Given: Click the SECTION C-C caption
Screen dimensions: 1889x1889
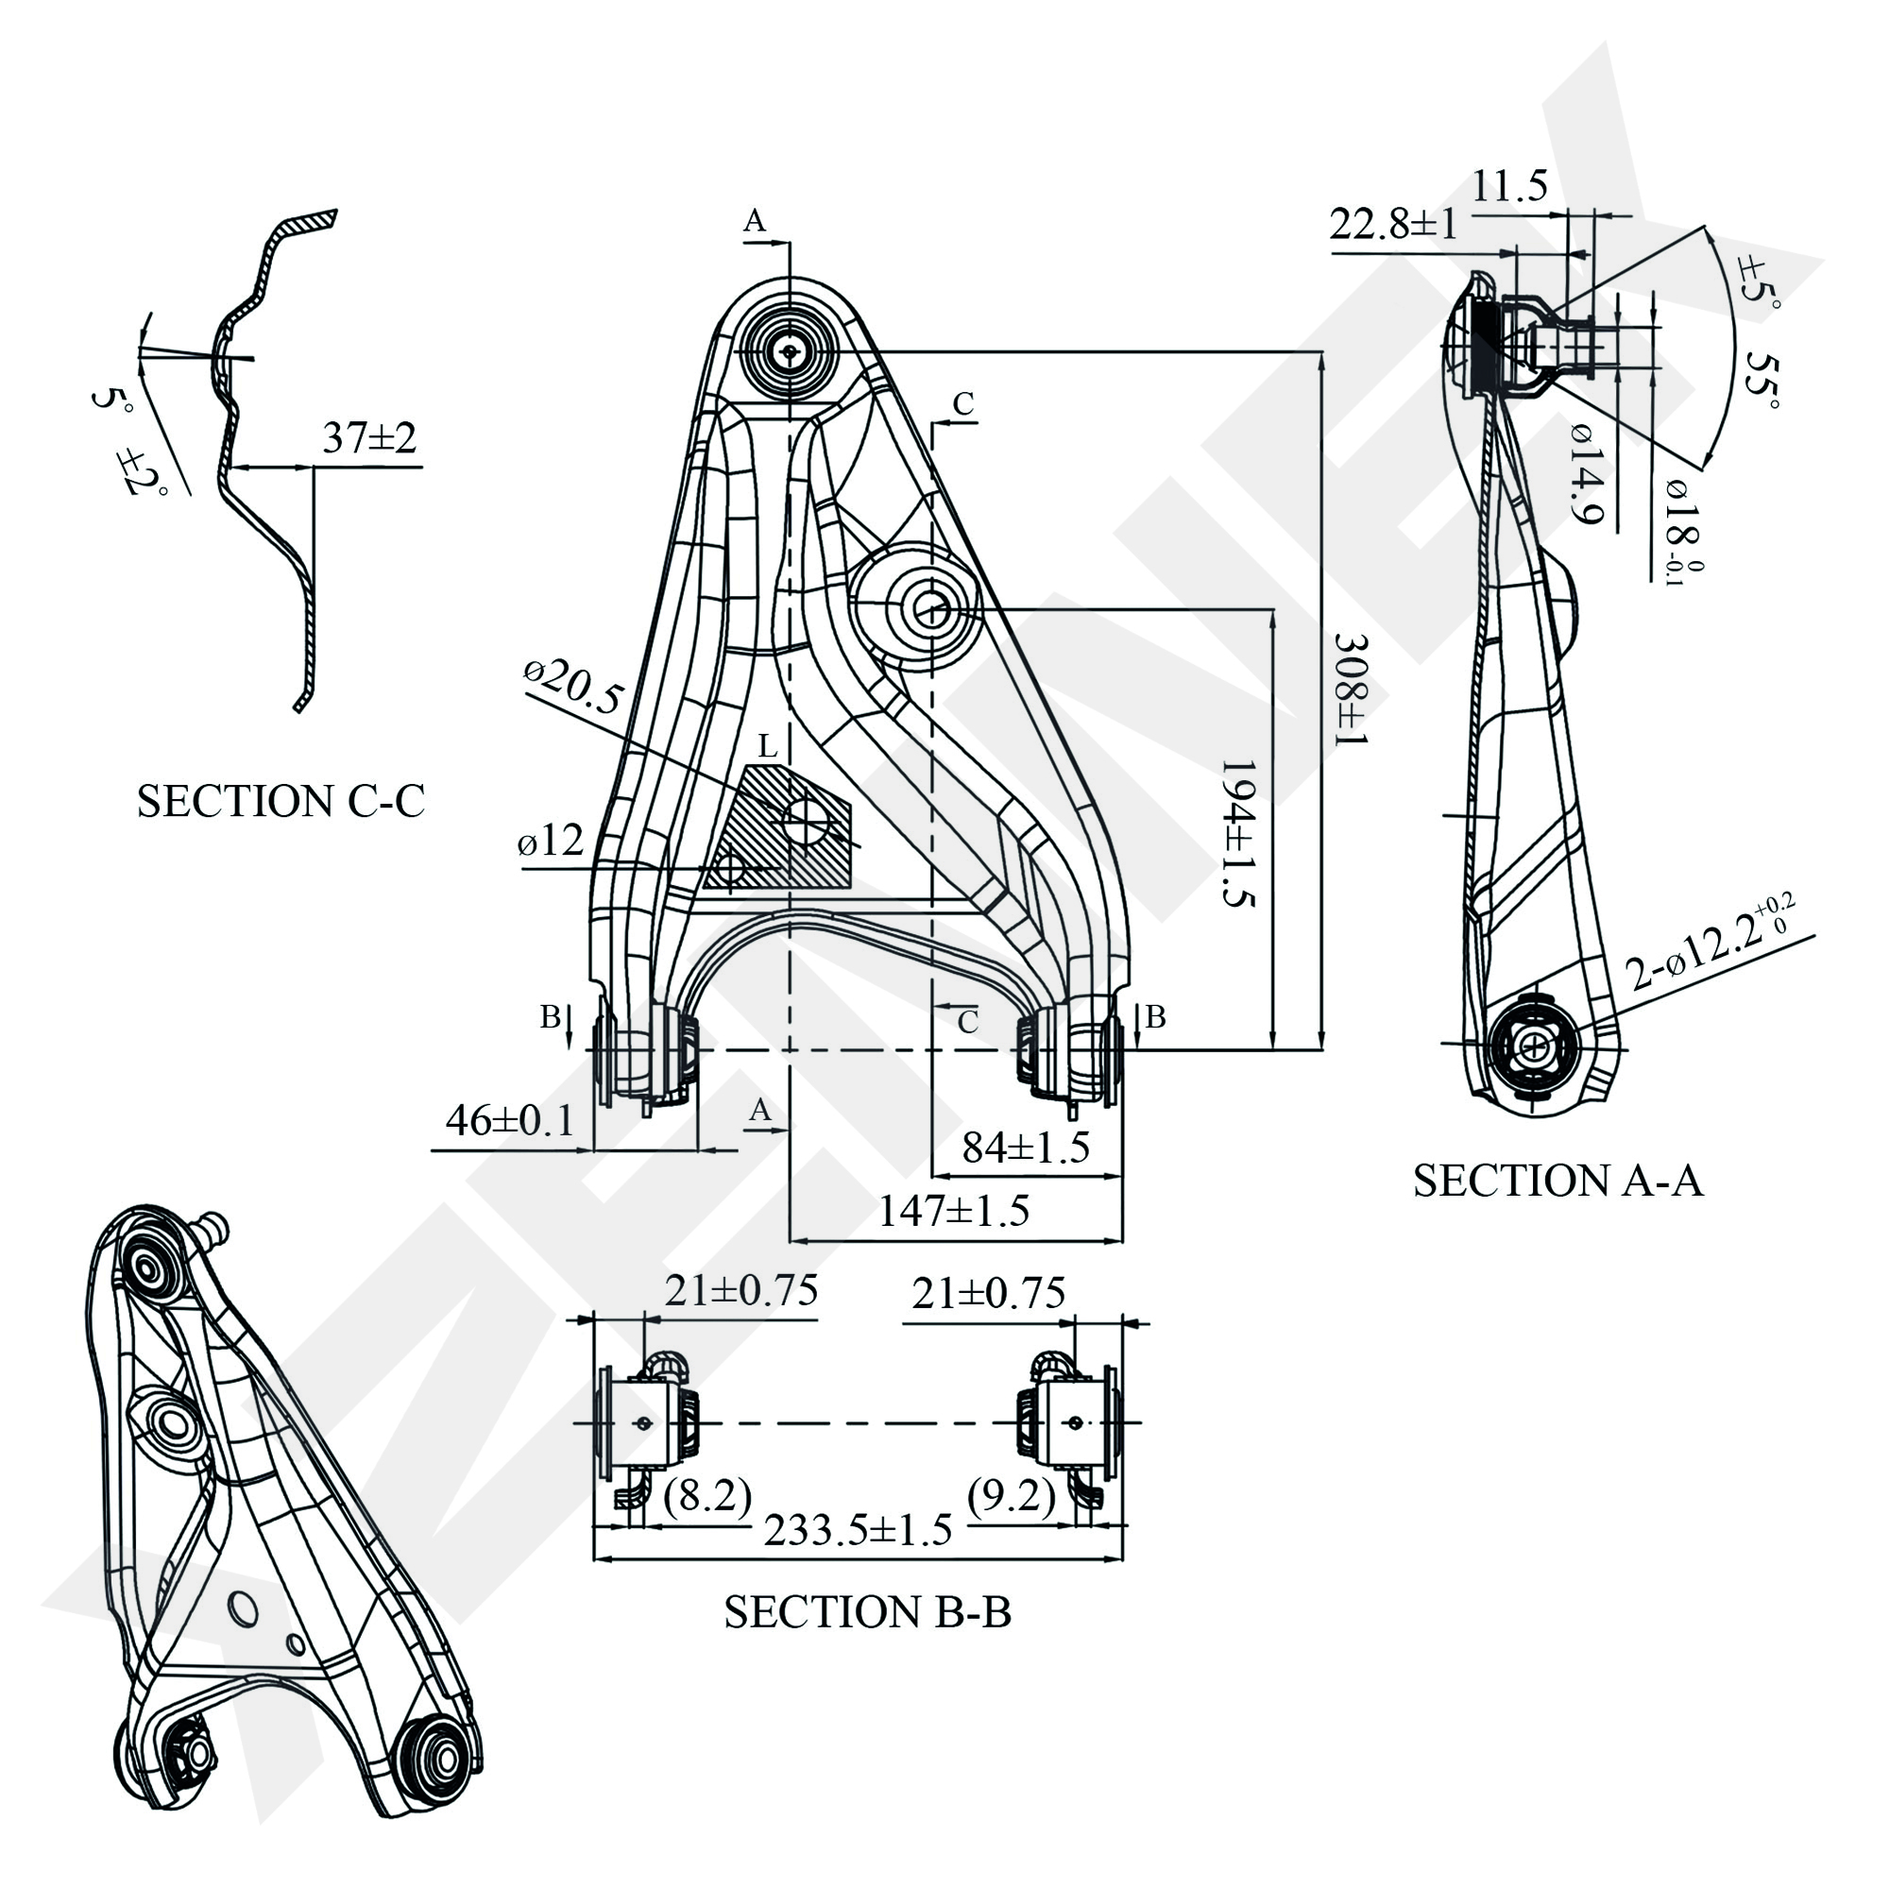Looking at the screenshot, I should point(281,803).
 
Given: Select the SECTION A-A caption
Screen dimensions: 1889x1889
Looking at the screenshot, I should point(1557,1182).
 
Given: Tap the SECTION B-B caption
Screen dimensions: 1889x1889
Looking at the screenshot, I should point(867,1612).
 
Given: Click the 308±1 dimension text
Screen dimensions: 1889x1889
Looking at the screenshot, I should point(1351,690).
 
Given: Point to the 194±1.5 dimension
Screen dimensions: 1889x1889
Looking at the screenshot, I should point(1238,834).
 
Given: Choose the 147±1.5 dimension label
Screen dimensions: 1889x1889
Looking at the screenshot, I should point(953,1212).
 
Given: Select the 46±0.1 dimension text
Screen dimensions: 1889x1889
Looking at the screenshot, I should point(509,1120).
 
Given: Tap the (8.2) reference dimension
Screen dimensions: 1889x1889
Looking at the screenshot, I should point(706,1494).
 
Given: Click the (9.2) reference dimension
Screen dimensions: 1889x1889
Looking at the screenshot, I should point(1011,1495).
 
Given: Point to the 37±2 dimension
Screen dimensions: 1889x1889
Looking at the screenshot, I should point(369,438).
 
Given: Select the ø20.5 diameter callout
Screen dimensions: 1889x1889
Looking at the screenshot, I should point(574,687).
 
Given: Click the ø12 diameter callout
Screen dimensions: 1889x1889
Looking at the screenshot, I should point(551,841).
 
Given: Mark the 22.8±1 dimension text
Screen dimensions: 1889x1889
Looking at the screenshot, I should point(1392,225).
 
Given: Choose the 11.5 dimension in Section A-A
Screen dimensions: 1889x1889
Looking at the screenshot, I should point(1509,185).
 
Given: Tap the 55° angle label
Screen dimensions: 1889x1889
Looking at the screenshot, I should point(1761,382).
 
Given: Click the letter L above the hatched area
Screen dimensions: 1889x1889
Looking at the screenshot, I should point(768,748).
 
